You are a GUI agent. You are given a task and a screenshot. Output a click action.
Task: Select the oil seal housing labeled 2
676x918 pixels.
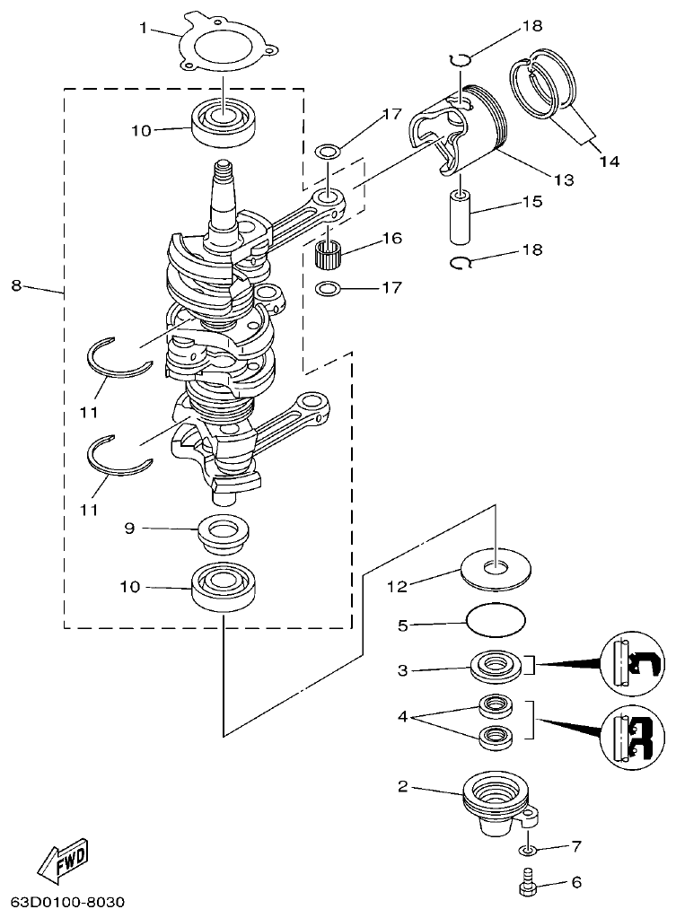click(494, 802)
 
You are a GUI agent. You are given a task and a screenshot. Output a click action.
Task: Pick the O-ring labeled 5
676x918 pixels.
click(496, 620)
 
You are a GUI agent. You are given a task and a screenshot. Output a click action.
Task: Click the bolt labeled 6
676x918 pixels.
click(527, 883)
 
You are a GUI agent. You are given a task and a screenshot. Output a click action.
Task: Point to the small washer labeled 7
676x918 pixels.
click(529, 849)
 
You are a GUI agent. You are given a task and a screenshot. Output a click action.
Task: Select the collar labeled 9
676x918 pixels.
click(224, 534)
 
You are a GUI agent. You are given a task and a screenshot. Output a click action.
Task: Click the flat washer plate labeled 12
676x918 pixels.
click(494, 570)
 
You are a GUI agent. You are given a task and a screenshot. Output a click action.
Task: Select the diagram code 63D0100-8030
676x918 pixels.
click(67, 900)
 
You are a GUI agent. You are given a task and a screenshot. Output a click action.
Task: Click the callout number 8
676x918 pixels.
click(16, 285)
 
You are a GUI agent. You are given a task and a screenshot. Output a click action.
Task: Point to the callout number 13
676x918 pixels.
click(563, 179)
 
